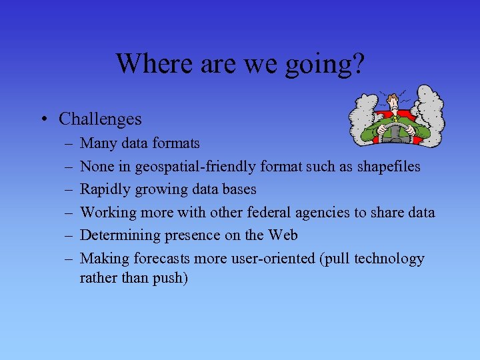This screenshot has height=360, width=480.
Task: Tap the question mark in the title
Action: click(x=358, y=63)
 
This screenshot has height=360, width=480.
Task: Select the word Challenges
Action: click(x=100, y=119)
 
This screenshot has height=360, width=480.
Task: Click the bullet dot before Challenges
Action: click(x=42, y=120)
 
